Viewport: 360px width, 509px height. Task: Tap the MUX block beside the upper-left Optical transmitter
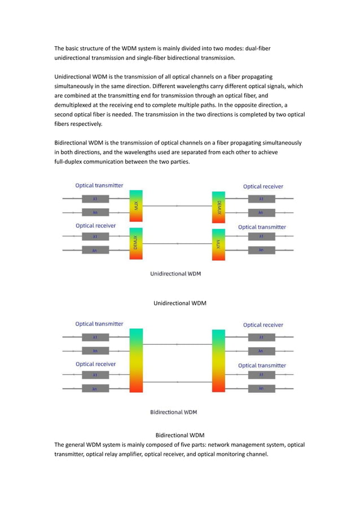(x=135, y=206)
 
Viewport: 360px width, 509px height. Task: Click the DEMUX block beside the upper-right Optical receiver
(x=218, y=206)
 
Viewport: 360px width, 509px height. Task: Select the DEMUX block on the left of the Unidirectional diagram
(x=135, y=244)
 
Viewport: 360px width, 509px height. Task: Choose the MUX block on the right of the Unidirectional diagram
(x=218, y=244)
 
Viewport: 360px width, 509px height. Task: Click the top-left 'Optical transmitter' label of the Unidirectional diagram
(x=99, y=185)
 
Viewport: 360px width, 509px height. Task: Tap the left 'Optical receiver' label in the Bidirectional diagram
(x=96, y=364)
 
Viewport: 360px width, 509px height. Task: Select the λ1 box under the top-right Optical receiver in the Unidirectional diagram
(x=261, y=199)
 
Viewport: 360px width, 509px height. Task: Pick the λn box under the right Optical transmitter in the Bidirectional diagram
(x=261, y=388)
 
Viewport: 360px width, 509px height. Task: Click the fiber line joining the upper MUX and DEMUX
(x=177, y=206)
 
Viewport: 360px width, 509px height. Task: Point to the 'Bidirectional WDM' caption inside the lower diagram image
(x=174, y=412)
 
